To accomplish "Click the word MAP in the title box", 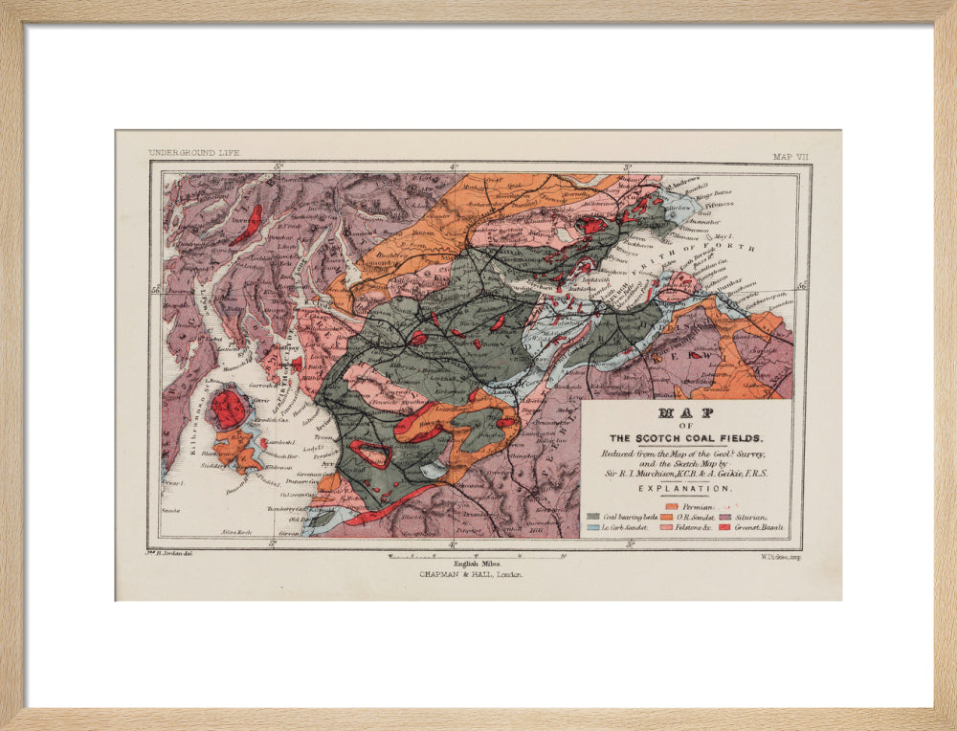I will click(x=685, y=414).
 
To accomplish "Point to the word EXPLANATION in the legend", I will click(x=685, y=488).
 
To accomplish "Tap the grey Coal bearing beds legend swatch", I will click(x=593, y=516).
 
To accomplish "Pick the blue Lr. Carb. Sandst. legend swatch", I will click(x=593, y=527).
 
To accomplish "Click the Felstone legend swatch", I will click(x=667, y=527).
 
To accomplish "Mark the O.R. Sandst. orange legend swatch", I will click(x=667, y=516).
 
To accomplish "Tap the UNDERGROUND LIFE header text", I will click(x=193, y=153).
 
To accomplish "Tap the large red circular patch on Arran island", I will click(x=229, y=409).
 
